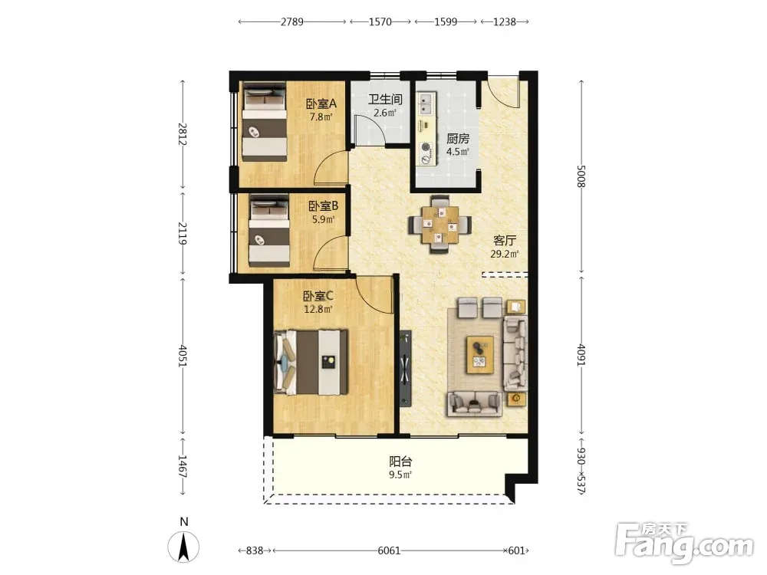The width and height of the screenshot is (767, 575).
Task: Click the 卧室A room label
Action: pos(321,103)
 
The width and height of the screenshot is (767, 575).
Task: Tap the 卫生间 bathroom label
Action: pos(385,99)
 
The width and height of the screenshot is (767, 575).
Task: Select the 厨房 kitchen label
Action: pos(458,138)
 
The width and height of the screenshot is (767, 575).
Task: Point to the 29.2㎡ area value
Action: pos(505,254)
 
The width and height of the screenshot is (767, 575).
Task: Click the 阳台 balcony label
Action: pos(400,461)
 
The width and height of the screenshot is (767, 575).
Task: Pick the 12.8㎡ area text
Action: pos(318,309)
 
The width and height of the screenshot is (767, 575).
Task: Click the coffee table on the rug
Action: pos(480,354)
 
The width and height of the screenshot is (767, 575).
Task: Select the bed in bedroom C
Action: pos(311,362)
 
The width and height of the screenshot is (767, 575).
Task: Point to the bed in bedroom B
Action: pos(269,231)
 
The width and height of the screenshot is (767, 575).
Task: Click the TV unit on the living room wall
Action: pos(405,369)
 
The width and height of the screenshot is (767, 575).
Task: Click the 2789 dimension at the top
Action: pos(292,21)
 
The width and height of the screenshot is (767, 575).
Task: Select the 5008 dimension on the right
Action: pos(581,176)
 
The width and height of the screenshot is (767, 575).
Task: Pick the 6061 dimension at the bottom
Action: pos(389,550)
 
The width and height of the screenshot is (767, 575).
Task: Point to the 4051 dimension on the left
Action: pos(183,356)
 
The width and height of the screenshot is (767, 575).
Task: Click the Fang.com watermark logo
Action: pos(684,543)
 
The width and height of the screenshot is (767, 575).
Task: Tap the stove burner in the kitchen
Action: pos(426,146)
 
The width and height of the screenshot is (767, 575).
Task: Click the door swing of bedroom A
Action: pos(331,168)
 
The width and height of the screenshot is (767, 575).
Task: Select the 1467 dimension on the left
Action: pos(182,466)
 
